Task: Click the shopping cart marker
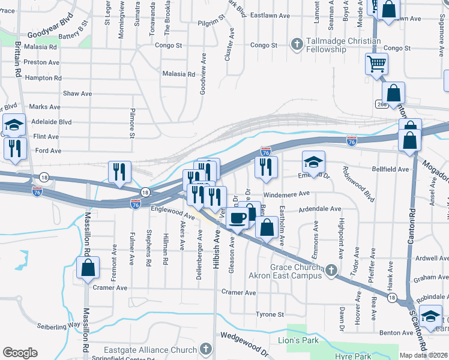[376, 64]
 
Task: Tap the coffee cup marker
[238, 218]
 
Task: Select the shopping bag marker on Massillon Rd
[88, 268]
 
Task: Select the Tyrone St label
[270, 314]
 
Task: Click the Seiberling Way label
[58, 325]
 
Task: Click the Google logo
[20, 353]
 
